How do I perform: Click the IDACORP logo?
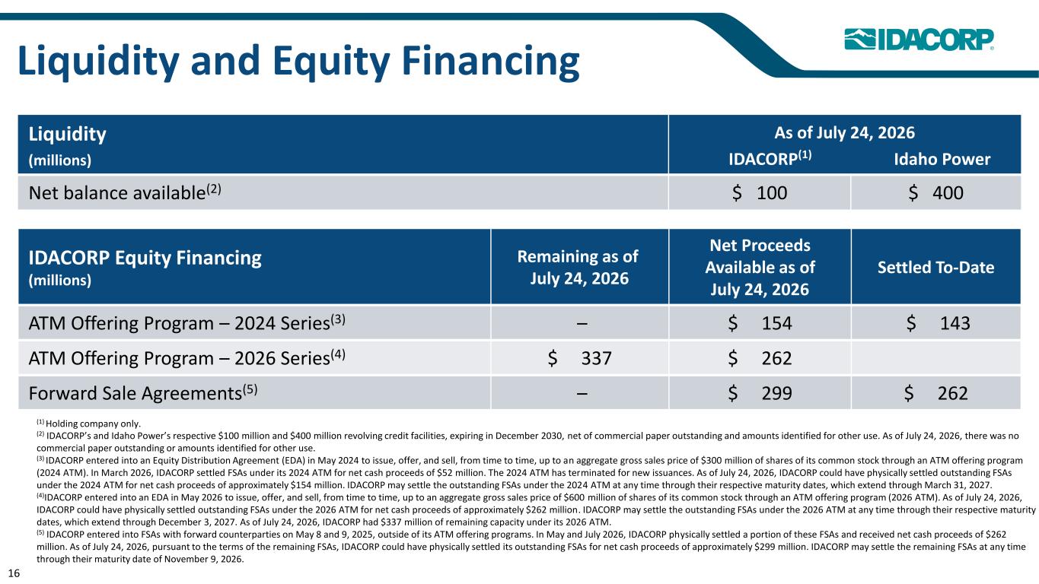[919, 39]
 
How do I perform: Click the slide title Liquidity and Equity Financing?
[298, 61]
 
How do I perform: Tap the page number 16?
[14, 573]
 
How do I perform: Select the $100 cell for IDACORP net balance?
[760, 193]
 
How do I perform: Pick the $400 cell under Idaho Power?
[935, 193]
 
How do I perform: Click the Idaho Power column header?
[942, 160]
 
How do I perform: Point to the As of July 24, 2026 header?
[844, 133]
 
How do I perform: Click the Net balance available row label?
[125, 192]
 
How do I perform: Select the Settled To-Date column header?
[935, 268]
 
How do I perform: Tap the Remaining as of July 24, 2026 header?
[578, 268]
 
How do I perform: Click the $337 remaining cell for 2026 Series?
[580, 358]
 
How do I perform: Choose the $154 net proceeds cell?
[760, 323]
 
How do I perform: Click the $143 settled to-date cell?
[938, 323]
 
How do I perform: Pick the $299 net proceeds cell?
[760, 393]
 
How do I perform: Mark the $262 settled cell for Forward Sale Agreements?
[936, 393]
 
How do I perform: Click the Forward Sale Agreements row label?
[143, 393]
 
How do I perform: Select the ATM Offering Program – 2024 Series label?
[187, 322]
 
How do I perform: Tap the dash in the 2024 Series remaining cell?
[582, 323]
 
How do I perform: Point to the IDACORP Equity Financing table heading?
[145, 258]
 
